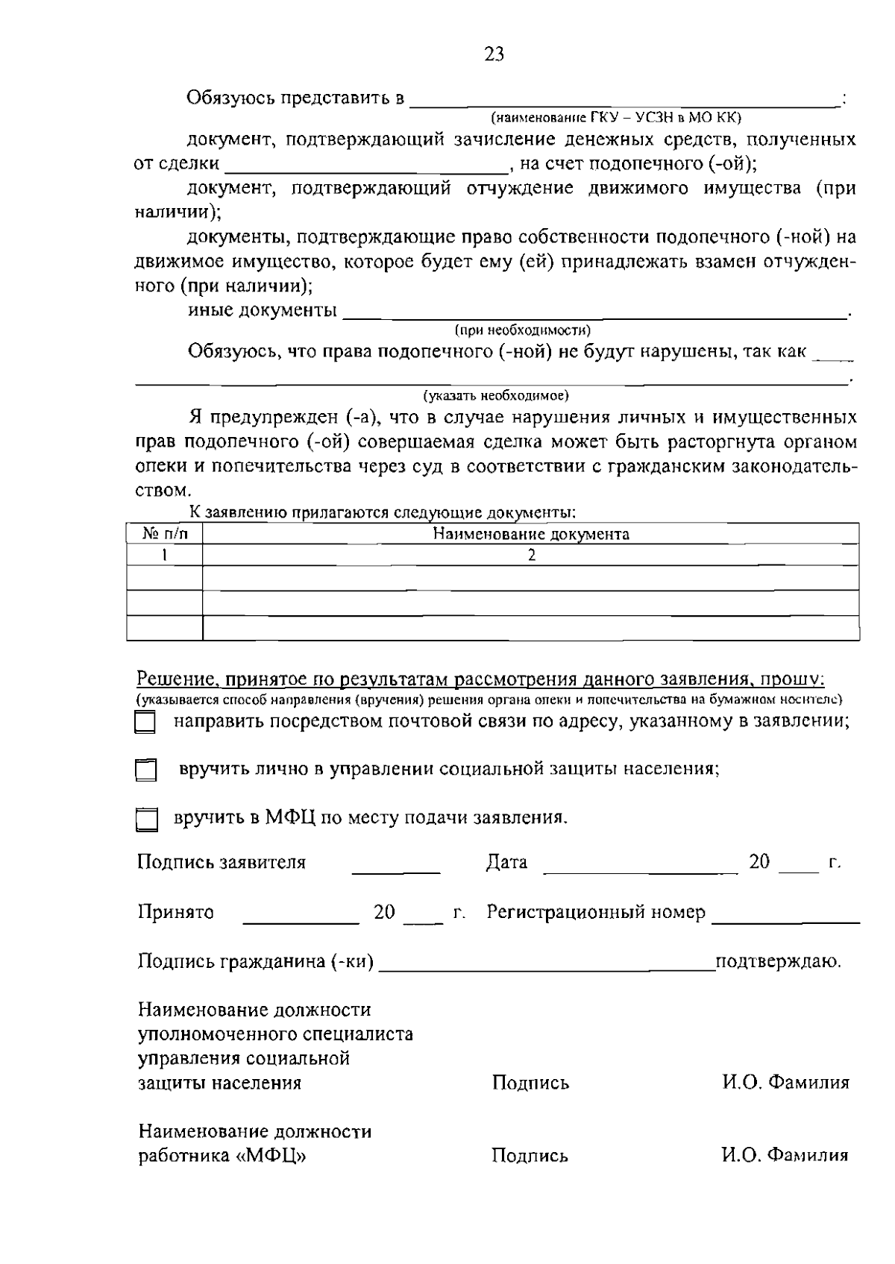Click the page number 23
point(494,54)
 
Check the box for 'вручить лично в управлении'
point(145,770)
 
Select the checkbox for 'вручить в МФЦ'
point(146,820)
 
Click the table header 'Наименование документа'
point(530,534)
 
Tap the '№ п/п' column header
point(165,534)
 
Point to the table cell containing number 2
point(530,556)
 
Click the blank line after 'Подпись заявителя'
point(395,870)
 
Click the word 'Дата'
point(506,863)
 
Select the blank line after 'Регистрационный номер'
point(785,920)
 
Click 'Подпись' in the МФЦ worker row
point(530,1156)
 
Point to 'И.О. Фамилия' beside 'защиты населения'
point(785,1083)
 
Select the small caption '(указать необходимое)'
point(496,394)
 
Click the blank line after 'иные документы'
point(593,316)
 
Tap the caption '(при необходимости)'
point(523,330)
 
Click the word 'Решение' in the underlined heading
point(173,679)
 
